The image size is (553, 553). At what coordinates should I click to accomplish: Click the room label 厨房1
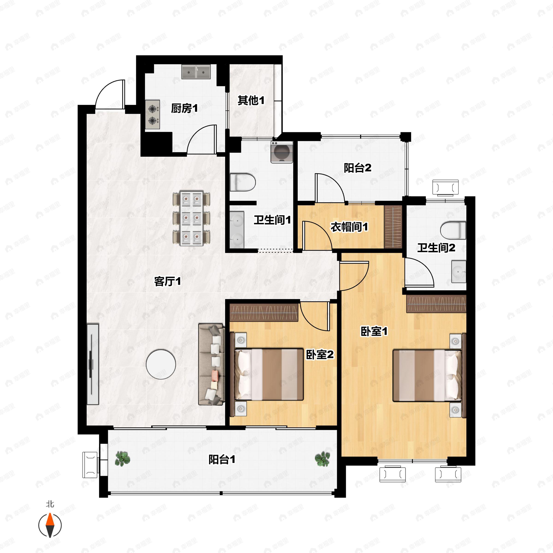pos(184,109)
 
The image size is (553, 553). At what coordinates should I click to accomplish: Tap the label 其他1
pos(251,100)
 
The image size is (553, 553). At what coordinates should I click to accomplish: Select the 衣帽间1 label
pos(349,227)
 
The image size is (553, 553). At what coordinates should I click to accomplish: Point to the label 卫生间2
pos(436,248)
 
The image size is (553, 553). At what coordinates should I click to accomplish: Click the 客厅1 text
pos(168,281)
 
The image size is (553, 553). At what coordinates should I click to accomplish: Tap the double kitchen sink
pos(196,72)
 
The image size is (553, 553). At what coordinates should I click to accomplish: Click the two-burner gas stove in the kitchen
pos(153,115)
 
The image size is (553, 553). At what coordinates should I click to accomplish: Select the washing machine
pos(282,152)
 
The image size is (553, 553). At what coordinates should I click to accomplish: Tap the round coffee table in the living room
pos(161,364)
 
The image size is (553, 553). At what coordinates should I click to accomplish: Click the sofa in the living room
pos(211,364)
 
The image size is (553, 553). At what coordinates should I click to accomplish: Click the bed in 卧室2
pos(269,374)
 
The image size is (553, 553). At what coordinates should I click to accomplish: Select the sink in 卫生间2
pos(459,272)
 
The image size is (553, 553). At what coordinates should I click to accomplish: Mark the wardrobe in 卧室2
pos(264,312)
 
